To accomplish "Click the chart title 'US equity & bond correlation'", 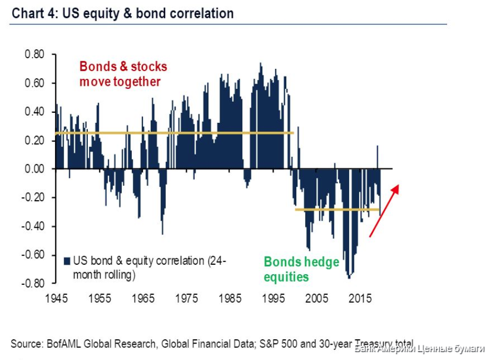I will click(148, 13).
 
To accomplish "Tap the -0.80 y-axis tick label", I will click(33, 283).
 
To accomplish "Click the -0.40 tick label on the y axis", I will click(33, 226).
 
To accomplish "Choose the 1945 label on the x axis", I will click(56, 298).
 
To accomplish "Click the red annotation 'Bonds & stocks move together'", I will click(123, 74).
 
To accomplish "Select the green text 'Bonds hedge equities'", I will click(301, 269).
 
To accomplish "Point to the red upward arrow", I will click(384, 210).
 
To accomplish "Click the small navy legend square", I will click(67, 261).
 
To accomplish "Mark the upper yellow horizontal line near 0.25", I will click(175, 133).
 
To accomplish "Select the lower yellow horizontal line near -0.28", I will click(337, 210).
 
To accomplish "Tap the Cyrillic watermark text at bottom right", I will click(420, 348).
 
